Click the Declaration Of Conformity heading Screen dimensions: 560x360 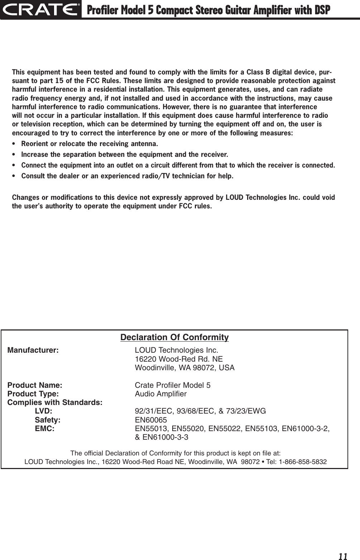[174, 338]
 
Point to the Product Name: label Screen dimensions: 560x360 [35, 385]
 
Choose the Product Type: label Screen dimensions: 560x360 [34, 394]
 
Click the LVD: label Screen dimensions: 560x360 [43, 411]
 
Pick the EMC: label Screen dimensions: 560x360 [44, 428]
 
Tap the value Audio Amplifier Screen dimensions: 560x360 [160, 394]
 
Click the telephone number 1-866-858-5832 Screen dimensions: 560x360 [304, 462]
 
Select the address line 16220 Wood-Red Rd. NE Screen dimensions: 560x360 [178, 359]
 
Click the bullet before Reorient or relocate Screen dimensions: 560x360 [14, 144]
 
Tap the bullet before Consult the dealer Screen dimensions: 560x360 [14, 177]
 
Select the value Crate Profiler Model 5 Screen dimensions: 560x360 [172, 385]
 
